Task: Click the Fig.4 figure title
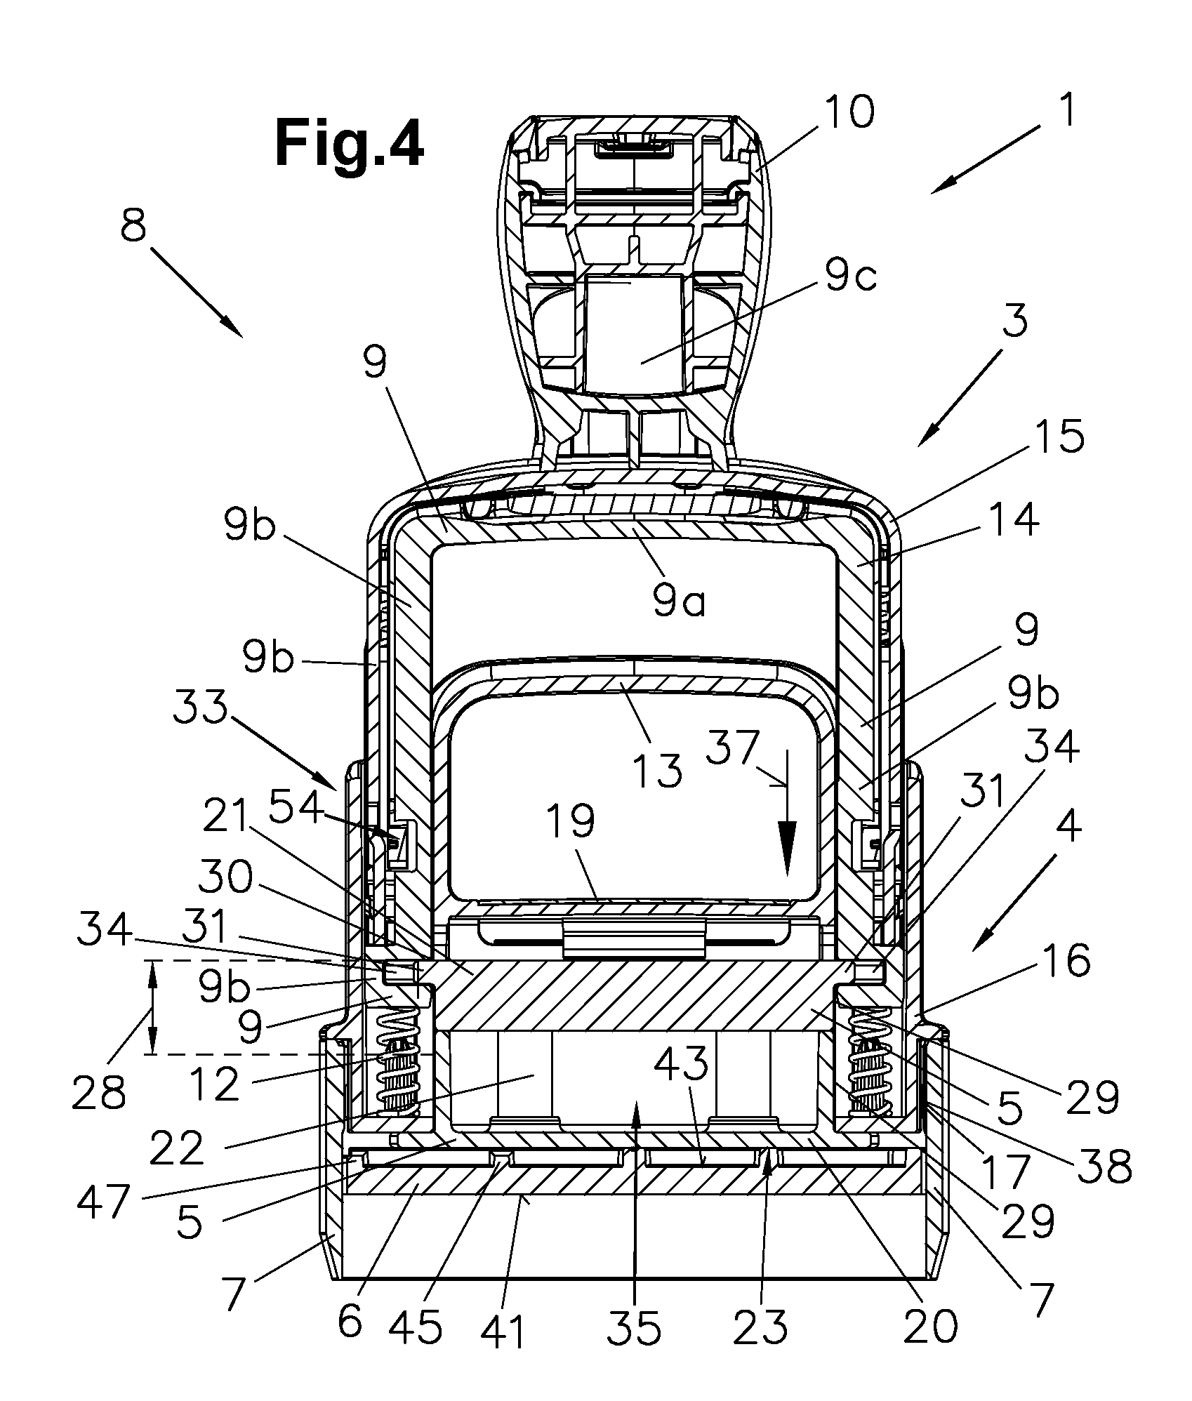[x=349, y=142]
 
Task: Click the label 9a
[x=678, y=602]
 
